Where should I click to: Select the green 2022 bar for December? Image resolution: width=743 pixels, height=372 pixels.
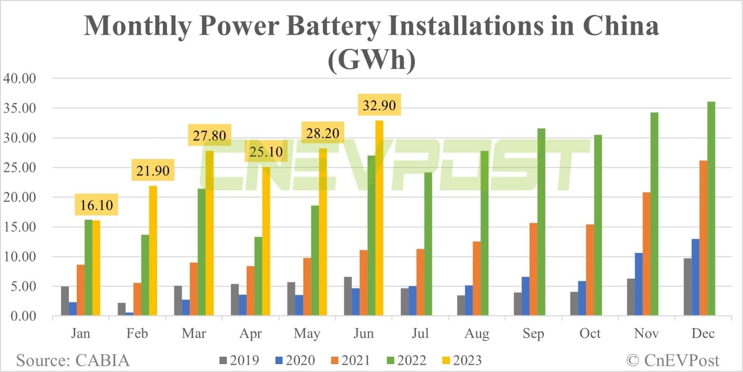(711, 208)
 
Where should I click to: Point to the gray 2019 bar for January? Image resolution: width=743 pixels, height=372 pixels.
(65, 301)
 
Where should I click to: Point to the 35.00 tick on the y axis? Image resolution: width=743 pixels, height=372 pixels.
(20, 108)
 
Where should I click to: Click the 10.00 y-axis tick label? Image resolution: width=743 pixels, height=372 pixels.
(20, 257)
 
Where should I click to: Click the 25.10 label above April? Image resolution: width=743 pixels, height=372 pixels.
(266, 151)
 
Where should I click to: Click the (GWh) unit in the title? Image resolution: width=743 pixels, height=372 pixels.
(371, 61)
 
